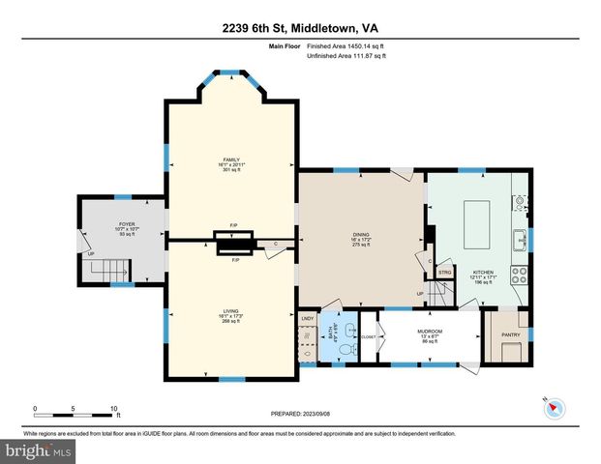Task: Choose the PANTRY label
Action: pos(510,335)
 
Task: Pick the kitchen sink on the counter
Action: pos(521,237)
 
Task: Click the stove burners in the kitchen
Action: pos(520,270)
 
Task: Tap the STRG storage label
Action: pos(444,274)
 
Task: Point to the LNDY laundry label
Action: pos(308,318)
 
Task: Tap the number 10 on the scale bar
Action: pos(115,409)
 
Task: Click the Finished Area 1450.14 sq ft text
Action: pos(346,45)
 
